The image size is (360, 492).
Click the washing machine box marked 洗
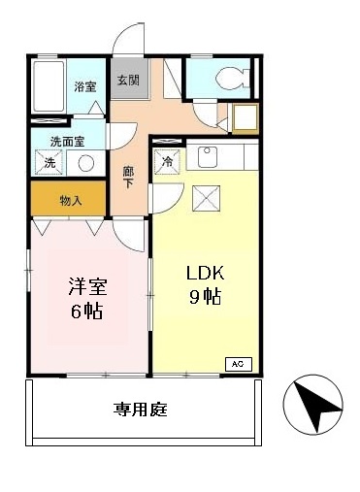[x=49, y=162]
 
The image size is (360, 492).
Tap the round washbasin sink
[x=86, y=163]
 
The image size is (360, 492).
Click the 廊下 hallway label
[x=128, y=176]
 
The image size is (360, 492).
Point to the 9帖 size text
[x=206, y=296]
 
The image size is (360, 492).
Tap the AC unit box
[x=238, y=364]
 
